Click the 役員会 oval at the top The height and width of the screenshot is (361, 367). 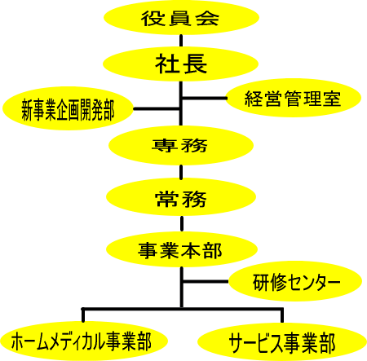[x=181, y=18]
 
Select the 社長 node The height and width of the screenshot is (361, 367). [x=180, y=64]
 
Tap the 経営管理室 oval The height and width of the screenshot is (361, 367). [x=294, y=98]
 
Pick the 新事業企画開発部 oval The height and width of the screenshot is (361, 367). [x=68, y=108]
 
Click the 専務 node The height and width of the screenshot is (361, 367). [x=181, y=146]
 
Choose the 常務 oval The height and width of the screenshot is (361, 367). [x=181, y=197]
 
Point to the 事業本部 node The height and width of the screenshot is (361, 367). [x=182, y=249]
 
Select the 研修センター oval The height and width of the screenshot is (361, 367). [x=295, y=281]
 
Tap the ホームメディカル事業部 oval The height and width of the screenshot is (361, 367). [x=84, y=341]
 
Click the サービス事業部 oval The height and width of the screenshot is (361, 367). [x=282, y=342]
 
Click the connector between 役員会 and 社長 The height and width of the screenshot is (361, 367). [x=181, y=41]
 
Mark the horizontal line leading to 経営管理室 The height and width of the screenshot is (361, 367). [x=205, y=98]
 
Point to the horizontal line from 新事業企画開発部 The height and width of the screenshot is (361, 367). [x=157, y=109]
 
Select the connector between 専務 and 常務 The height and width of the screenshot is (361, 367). [x=181, y=172]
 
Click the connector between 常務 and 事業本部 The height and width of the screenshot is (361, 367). [x=182, y=224]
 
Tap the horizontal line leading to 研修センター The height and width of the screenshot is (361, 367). [x=206, y=281]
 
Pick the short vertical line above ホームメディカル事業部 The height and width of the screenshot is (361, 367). [x=83, y=315]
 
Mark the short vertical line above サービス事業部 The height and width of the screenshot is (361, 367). [x=282, y=315]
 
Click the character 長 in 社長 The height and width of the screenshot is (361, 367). [x=195, y=64]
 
